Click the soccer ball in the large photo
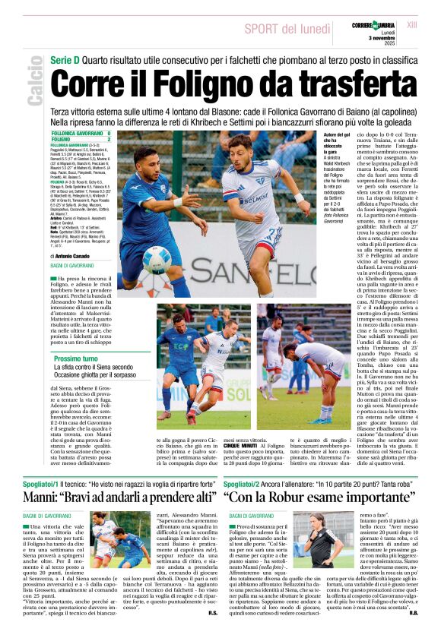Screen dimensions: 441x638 156,259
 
